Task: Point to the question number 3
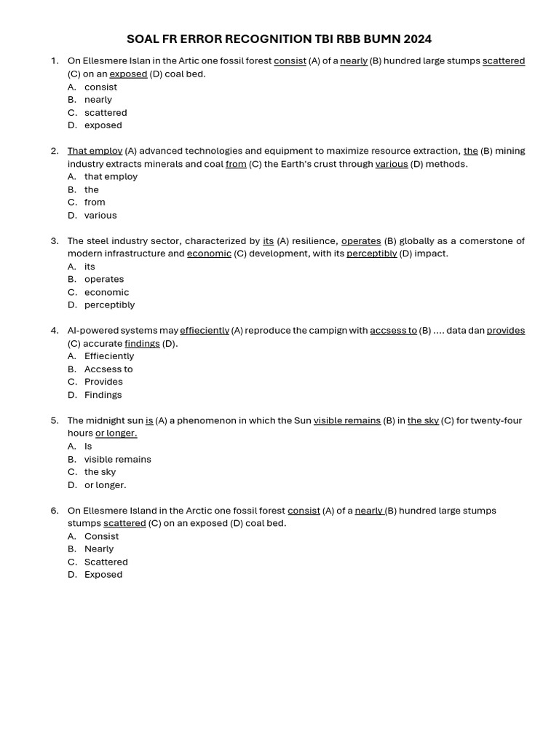(55, 241)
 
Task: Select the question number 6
(55, 511)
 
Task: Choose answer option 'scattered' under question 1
(106, 113)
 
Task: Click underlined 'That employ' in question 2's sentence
(95, 152)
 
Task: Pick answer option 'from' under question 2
(95, 203)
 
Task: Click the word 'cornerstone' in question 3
(489, 241)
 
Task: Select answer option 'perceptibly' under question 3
(109, 305)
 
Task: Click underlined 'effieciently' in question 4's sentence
(205, 331)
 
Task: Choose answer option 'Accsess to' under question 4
(108, 369)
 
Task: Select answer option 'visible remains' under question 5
(117, 460)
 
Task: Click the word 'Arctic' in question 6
(200, 511)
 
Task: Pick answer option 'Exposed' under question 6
(103, 575)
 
